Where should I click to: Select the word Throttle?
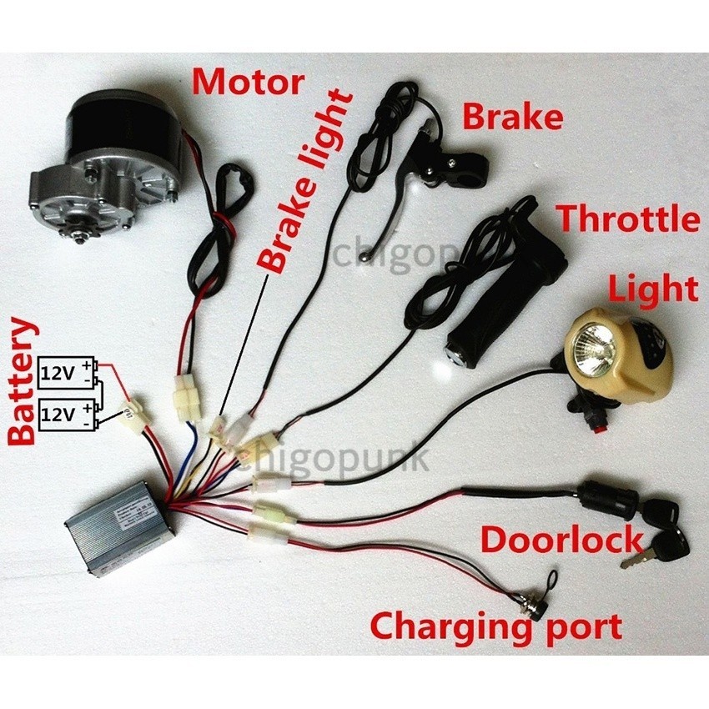(x=628, y=219)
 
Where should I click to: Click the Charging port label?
(x=496, y=625)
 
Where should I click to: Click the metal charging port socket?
(x=534, y=606)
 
